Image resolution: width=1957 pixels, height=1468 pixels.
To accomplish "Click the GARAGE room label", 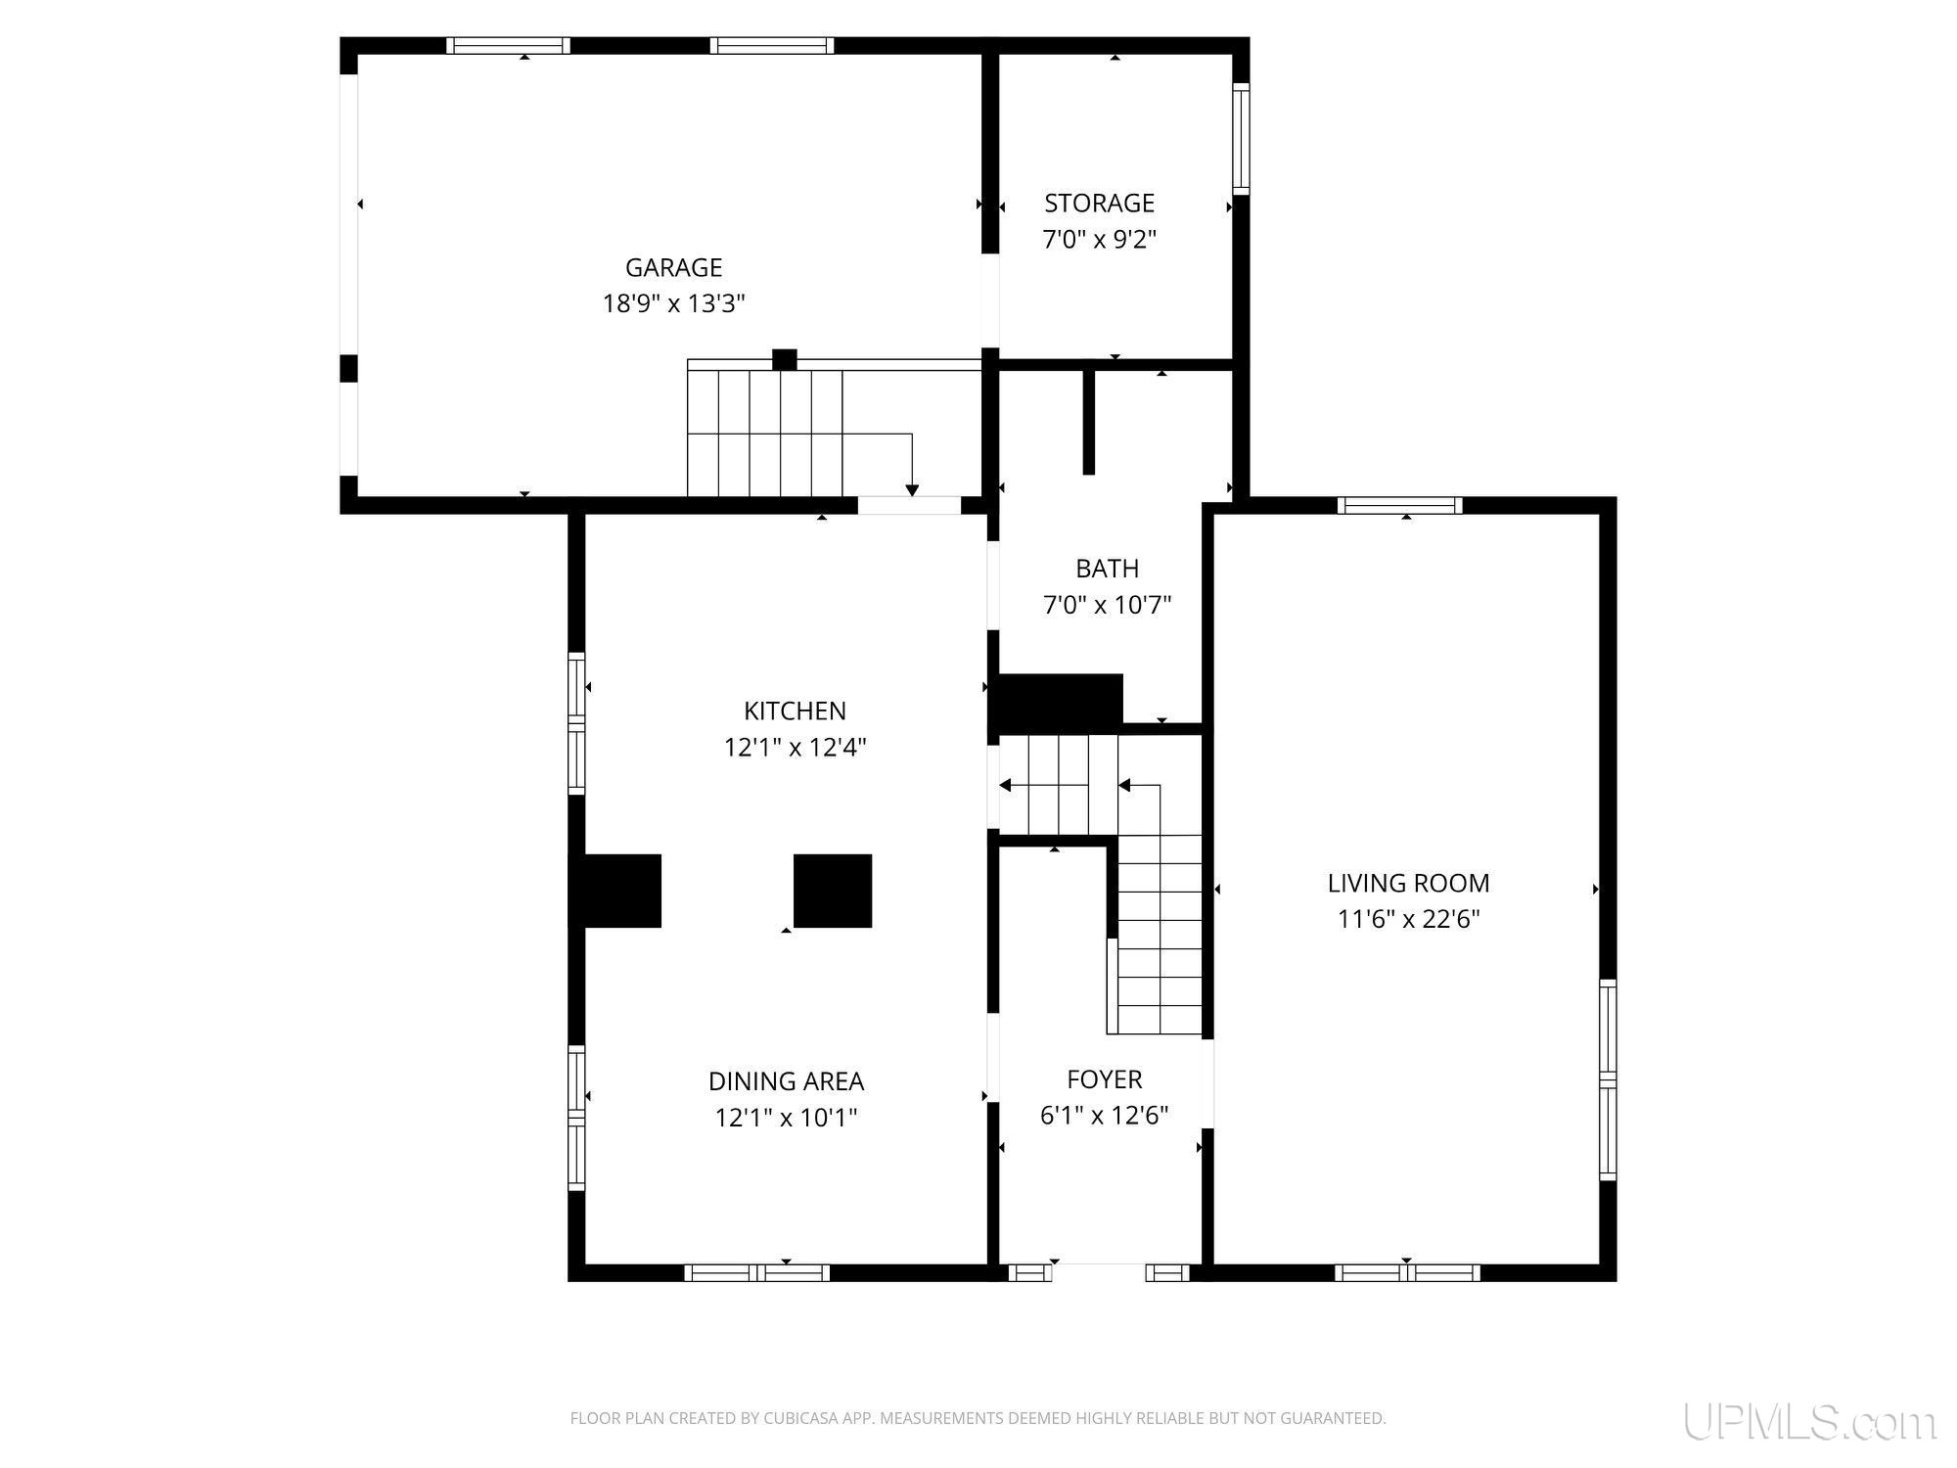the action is [x=673, y=267].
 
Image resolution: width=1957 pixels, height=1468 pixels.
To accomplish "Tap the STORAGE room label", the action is [x=1099, y=203].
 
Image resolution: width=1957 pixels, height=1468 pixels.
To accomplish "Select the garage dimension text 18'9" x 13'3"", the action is [x=673, y=303].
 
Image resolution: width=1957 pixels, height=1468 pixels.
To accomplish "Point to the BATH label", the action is [x=1107, y=569].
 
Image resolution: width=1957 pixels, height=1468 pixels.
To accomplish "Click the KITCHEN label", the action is [x=795, y=711].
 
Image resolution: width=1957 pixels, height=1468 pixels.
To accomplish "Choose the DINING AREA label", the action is [x=786, y=1081].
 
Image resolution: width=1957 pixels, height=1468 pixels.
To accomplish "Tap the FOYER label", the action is [x=1105, y=1079].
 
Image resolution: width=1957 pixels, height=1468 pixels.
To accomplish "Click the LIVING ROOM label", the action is [x=1408, y=883].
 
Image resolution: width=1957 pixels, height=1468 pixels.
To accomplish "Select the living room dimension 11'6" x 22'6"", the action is [x=1408, y=919].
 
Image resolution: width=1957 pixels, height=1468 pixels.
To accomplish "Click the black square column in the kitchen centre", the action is [x=833, y=891].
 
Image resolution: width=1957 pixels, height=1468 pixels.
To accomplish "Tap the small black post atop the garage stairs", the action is [x=784, y=360].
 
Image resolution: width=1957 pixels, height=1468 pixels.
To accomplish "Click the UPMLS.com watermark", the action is [x=1809, y=1422].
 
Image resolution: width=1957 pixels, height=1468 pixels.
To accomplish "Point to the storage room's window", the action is [x=1241, y=139].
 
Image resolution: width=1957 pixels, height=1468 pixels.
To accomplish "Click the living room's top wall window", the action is [x=1400, y=505].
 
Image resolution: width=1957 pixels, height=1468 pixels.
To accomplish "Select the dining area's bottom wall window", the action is [x=756, y=1272].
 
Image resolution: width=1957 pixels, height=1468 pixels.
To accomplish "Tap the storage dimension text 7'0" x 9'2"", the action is [x=1099, y=240].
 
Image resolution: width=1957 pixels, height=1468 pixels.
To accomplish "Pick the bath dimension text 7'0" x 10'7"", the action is [x=1107, y=605].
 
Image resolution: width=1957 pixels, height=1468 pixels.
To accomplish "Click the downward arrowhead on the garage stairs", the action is [x=912, y=490].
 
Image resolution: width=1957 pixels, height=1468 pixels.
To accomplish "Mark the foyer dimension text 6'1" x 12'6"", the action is [x=1105, y=1116].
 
